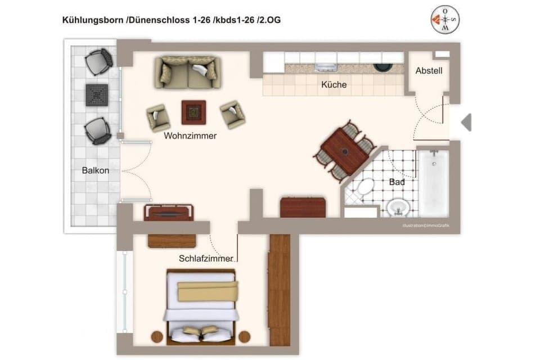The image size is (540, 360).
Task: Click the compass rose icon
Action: click(445, 20)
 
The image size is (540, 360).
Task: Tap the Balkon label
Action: click(96, 170)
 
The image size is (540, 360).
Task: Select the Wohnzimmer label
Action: click(190, 136)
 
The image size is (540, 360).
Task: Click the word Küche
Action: click(334, 85)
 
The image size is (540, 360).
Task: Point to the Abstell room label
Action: click(429, 71)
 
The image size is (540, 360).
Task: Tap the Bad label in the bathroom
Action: click(397, 182)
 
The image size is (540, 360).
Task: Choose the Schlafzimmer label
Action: click(206, 259)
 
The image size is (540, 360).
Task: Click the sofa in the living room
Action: click(187, 72)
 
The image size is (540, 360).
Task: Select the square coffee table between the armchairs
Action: click(193, 112)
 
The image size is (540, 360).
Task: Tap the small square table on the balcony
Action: click(97, 94)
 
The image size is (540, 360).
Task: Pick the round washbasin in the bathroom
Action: click(398, 208)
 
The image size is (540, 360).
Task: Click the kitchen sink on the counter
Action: click(326, 67)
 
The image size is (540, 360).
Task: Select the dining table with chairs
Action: click(345, 151)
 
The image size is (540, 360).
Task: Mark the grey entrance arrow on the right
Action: click(466, 122)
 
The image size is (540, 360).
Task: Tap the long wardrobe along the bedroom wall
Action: click(280, 290)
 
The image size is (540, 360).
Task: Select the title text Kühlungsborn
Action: click(93, 20)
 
